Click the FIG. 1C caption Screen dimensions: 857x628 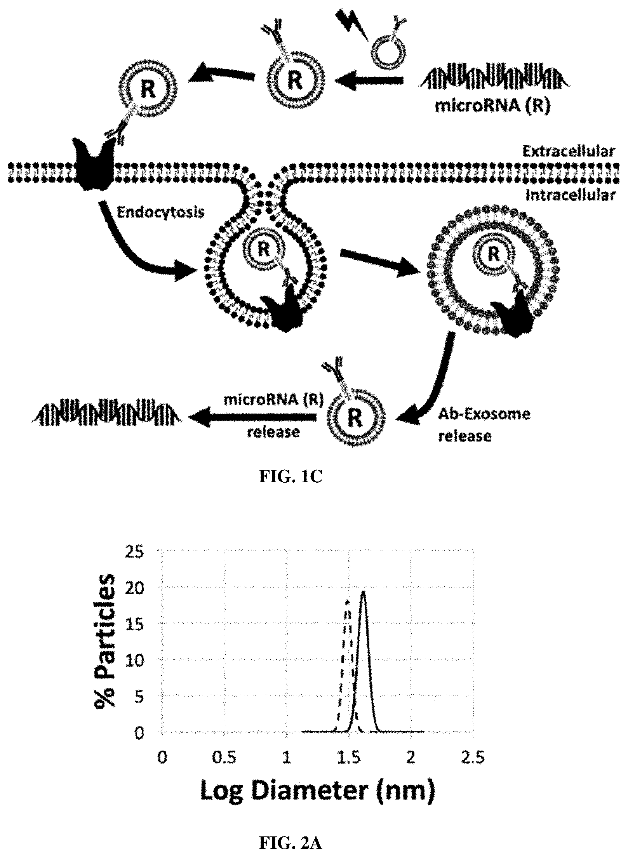[291, 477]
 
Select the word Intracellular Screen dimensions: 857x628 [571, 195]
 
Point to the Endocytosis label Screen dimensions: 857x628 [160, 212]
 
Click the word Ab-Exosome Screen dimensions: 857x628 [484, 414]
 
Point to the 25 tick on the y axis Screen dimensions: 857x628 [134, 552]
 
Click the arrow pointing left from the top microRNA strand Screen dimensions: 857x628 [369, 80]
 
